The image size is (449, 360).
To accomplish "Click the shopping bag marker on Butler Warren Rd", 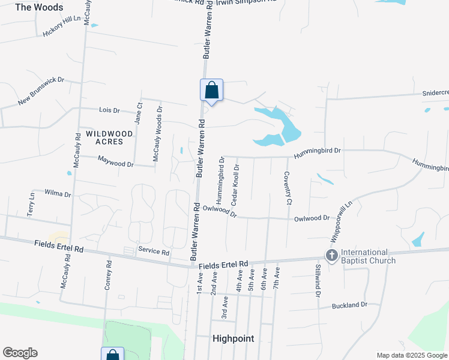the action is tap(211, 91).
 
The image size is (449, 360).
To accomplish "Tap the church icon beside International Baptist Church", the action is tap(331, 256).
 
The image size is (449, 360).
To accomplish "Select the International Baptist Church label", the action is tap(368, 256).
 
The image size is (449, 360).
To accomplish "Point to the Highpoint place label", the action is tap(234, 338).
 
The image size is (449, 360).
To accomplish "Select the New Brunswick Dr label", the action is tap(41, 91).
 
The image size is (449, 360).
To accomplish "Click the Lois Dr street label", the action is tap(109, 110).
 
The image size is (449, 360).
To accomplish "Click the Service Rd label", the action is tap(154, 251).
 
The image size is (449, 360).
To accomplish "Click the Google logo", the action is tap(20, 353).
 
